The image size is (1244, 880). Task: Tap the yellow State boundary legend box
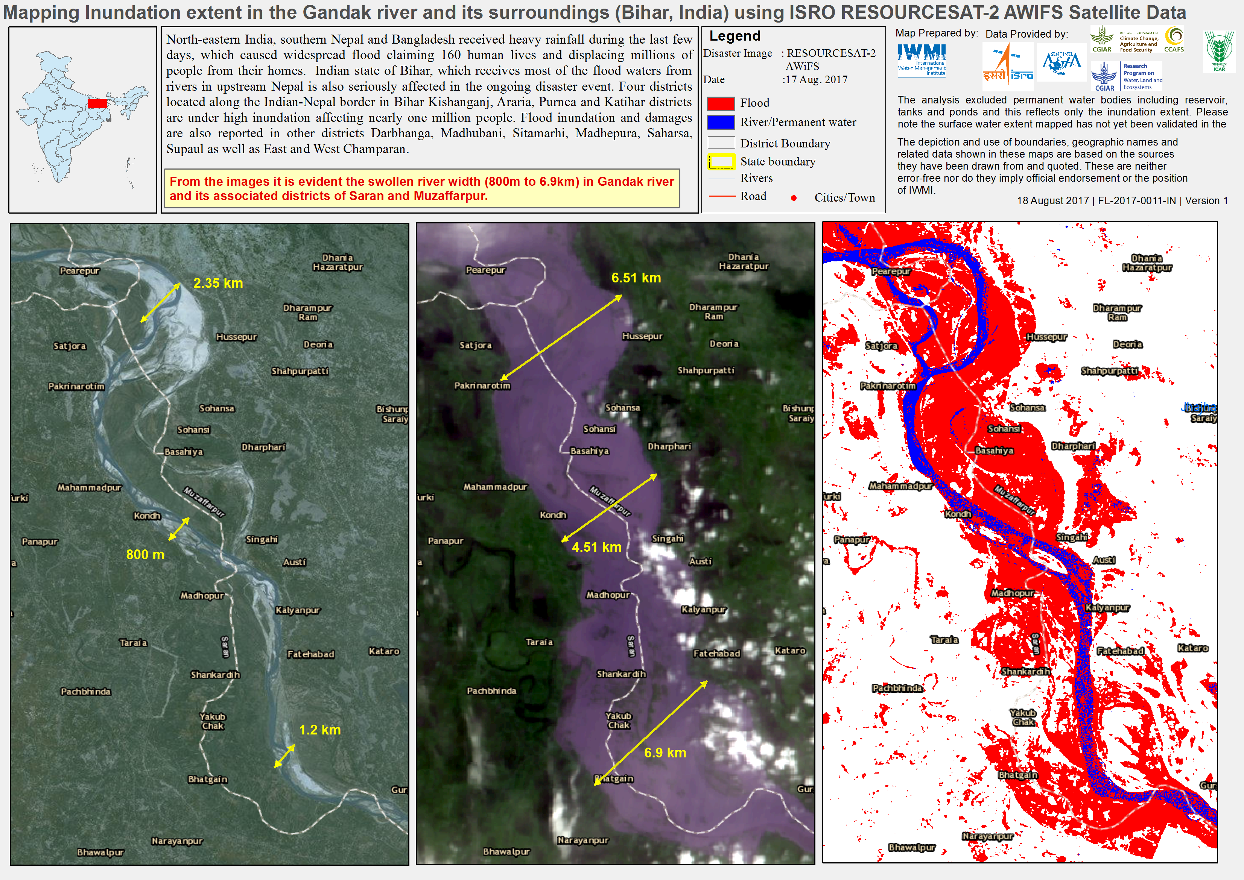coord(721,161)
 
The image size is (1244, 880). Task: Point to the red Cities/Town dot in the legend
coord(794,198)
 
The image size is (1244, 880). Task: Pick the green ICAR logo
coord(1219,50)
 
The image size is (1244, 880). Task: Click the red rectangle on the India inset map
coord(97,103)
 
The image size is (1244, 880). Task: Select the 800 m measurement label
coord(145,555)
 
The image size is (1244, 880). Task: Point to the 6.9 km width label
coord(665,753)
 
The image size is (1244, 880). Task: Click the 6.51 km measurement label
coord(636,278)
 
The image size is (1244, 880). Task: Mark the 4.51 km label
coord(596,547)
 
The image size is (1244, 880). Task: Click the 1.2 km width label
coord(320,730)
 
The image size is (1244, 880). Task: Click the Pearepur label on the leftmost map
coord(80,271)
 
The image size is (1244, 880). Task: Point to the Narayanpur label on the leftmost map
coord(177,841)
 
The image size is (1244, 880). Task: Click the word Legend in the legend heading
coord(735,36)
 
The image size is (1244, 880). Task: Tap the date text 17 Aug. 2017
coord(816,80)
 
